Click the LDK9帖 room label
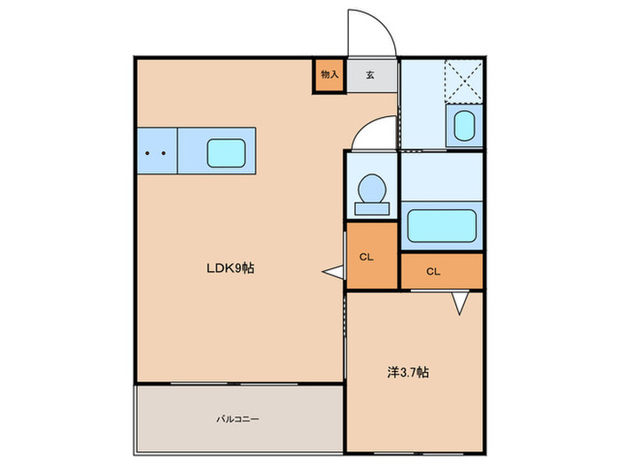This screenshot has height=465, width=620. pos(231,267)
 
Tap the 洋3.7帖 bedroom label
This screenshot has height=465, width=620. pos(408,373)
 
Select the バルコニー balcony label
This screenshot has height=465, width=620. pos(240,419)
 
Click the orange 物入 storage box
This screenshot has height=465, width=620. pos(329,75)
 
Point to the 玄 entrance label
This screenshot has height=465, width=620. pos(369,75)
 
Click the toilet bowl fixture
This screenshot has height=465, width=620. pos(371,189)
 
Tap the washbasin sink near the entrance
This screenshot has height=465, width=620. pos(464,125)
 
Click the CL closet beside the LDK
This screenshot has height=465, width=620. pos(371,257)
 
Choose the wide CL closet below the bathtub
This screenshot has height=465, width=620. pos(441,271)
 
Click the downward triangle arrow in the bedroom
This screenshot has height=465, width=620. pos(460,304)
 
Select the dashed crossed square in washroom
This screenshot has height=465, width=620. pos(463,78)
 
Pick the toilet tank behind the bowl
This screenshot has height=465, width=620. pos(372,208)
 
